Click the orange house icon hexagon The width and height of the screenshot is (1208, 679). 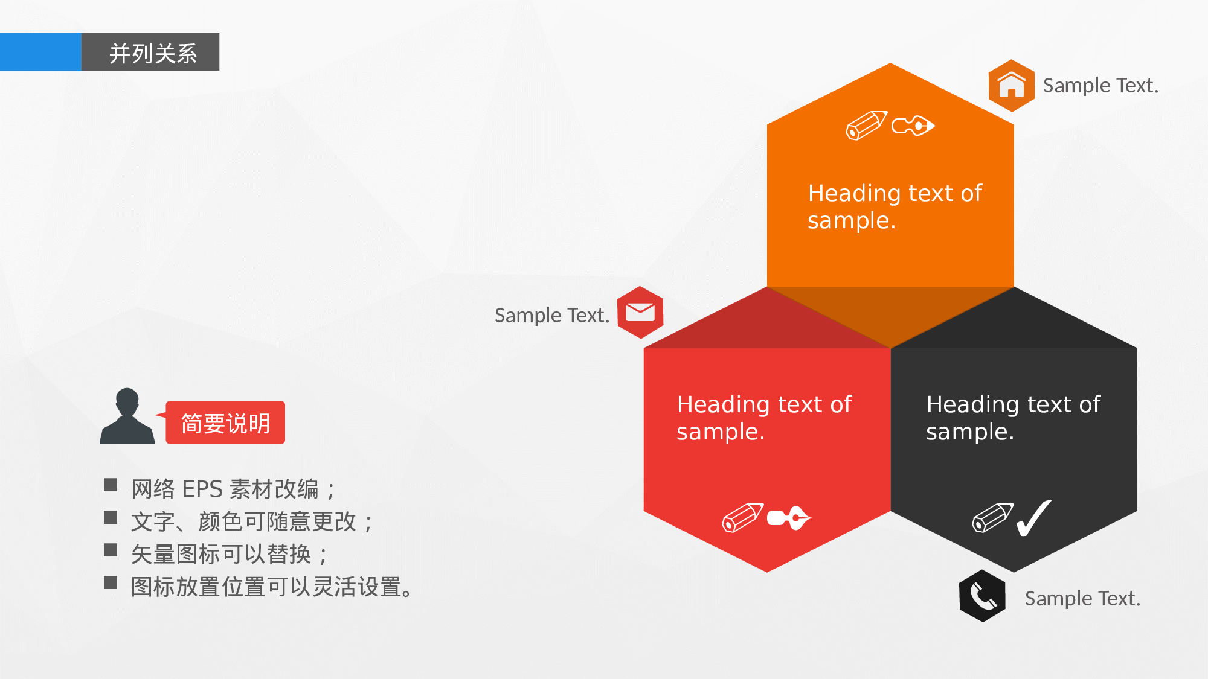[x=1011, y=86]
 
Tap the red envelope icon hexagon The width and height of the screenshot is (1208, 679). [x=640, y=313]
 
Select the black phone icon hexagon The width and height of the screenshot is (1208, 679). [x=982, y=596]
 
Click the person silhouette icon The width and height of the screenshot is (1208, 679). [x=127, y=417]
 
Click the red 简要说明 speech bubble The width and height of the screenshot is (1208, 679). [x=225, y=423]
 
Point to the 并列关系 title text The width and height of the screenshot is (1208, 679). [x=153, y=53]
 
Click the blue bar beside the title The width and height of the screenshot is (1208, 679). [x=40, y=52]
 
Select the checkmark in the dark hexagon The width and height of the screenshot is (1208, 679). [x=1034, y=518]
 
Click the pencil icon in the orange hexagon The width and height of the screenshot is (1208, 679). [x=866, y=126]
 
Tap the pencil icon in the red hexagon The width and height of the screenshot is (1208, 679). [x=742, y=518]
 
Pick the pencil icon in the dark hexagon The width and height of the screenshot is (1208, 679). [x=992, y=518]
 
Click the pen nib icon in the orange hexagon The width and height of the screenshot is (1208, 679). [x=913, y=126]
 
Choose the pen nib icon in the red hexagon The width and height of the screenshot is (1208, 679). [x=789, y=518]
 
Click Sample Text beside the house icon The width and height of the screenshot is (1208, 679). [x=1100, y=86]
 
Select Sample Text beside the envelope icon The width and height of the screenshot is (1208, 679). [x=551, y=315]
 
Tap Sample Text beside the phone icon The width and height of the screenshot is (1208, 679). [x=1082, y=598]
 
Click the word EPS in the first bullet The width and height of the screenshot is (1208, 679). [x=202, y=489]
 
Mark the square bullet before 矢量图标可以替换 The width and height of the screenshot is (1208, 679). [x=111, y=550]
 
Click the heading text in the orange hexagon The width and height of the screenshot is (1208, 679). [x=895, y=206]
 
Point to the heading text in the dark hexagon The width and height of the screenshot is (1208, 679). [x=1013, y=418]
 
